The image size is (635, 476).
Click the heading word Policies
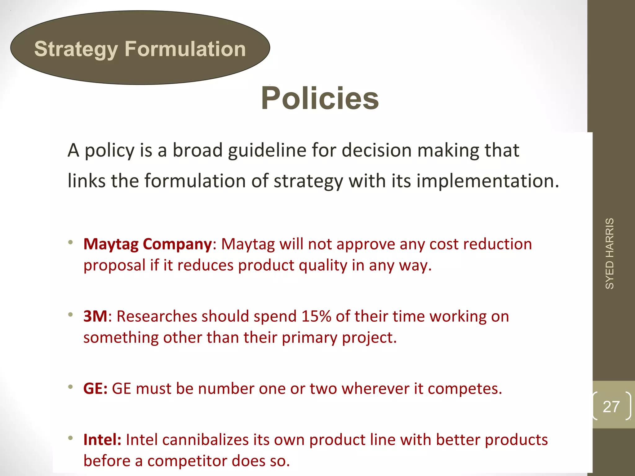(x=320, y=99)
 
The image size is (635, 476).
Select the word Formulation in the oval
(x=185, y=49)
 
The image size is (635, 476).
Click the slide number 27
(x=611, y=407)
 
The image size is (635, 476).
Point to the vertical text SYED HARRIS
(x=610, y=253)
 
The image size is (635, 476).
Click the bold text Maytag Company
(x=148, y=244)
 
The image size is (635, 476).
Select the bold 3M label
(x=95, y=316)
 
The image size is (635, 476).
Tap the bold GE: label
(x=95, y=389)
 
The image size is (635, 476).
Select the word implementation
(x=487, y=181)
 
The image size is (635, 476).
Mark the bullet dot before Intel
(x=71, y=438)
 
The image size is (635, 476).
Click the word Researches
(x=157, y=316)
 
